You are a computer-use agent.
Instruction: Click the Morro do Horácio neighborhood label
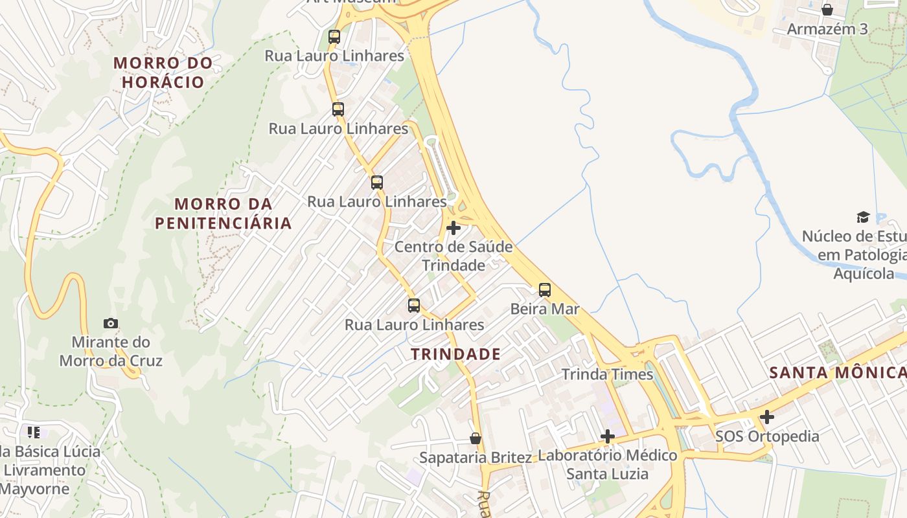pos(163,73)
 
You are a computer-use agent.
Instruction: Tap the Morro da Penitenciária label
pos(223,214)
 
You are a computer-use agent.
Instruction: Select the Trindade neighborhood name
pos(456,354)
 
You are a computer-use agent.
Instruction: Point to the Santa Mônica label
pos(837,372)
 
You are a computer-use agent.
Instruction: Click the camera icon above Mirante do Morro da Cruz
pos(111,323)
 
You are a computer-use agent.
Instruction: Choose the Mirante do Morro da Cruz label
pos(111,352)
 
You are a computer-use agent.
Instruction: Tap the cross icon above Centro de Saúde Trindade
pos(454,228)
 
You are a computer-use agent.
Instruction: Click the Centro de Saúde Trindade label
pos(454,256)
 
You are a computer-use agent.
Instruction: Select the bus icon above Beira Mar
pos(545,290)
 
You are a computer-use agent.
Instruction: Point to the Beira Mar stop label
pos(545,309)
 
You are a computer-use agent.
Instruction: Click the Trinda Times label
pos(607,374)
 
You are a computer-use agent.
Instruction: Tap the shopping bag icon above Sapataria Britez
pos(476,438)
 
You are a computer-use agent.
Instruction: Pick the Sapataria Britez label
pos(476,457)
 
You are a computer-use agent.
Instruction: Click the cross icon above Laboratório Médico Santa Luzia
pos(607,436)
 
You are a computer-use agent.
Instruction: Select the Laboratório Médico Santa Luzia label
pos(607,464)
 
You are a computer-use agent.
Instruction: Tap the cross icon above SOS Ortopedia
pos(767,417)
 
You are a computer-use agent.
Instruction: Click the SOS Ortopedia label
pos(767,436)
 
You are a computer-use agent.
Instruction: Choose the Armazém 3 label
pos(827,29)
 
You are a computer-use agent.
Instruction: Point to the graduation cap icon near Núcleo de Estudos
pos(863,217)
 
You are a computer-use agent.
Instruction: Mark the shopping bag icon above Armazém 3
pos(827,10)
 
